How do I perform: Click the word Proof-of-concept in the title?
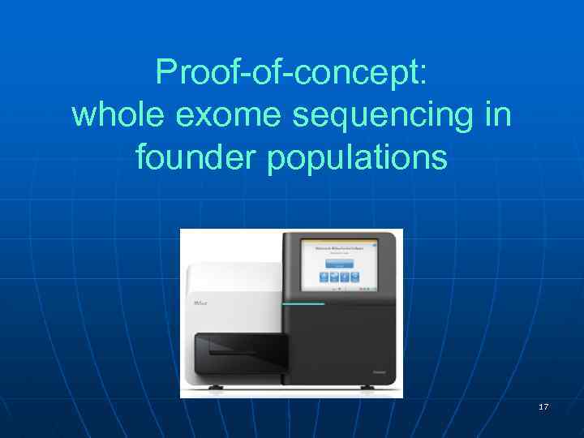(x=286, y=73)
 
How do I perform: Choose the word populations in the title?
(x=357, y=157)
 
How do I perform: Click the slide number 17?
(x=543, y=406)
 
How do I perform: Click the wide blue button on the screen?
(x=339, y=263)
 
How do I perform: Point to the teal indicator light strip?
(x=303, y=304)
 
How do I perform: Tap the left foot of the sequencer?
(x=216, y=388)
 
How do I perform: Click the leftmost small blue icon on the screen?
(x=323, y=277)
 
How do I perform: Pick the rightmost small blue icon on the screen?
(x=356, y=277)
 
